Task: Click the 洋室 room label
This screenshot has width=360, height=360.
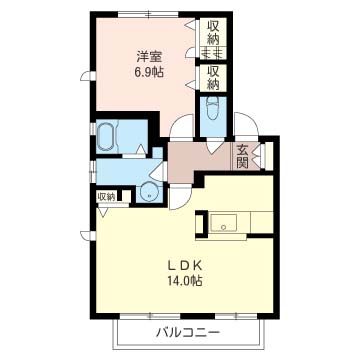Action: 149,57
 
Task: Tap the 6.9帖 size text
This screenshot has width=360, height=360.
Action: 149,72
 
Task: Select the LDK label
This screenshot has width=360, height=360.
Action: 184,266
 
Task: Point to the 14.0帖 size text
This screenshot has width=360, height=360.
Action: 184,281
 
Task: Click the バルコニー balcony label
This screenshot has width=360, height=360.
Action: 188,332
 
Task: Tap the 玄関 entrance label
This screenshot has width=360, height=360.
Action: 243,157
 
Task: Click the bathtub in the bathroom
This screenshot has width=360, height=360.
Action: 107,137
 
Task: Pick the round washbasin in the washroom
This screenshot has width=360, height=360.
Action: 148,192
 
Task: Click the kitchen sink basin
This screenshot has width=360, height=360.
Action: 224,223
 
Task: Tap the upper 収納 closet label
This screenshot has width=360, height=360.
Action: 213,33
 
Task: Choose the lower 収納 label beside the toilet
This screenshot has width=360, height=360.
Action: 213,78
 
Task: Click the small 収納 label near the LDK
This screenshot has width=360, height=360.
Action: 106,197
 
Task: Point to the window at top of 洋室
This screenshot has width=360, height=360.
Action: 149,14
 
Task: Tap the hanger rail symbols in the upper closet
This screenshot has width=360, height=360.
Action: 213,53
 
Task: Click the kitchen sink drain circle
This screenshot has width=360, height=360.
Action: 224,228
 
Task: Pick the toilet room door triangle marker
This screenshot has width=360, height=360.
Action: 215,147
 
